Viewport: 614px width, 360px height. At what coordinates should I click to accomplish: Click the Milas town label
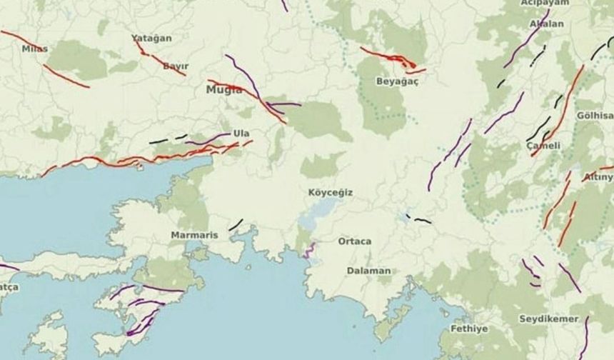(x=35, y=49)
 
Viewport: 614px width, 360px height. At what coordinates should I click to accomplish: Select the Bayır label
(x=176, y=66)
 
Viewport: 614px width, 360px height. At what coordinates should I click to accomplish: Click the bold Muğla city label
(x=224, y=90)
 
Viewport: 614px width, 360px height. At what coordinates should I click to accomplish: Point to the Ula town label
(x=241, y=134)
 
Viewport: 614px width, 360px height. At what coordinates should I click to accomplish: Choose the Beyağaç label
(x=397, y=81)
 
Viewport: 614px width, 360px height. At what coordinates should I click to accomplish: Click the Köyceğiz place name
(x=331, y=193)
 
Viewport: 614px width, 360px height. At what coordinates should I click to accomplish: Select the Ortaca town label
(x=355, y=241)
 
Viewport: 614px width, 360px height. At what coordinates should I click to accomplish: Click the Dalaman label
(x=368, y=271)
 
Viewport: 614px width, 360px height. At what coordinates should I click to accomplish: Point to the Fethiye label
(x=469, y=329)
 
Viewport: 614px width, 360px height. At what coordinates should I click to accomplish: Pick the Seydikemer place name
(x=548, y=319)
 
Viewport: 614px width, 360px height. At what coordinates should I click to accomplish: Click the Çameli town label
(x=543, y=146)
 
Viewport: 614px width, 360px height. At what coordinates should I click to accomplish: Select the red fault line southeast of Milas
(x=66, y=76)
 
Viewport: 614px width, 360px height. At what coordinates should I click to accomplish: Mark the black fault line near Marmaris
(x=236, y=224)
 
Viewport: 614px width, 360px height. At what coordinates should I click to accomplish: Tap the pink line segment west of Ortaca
(x=309, y=250)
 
